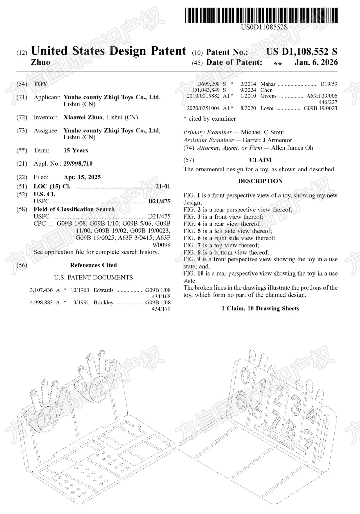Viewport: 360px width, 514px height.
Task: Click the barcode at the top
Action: (x=261, y=15)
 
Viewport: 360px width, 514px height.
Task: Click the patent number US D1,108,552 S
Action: (x=301, y=52)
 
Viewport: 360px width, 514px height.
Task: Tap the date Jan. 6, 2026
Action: (x=316, y=62)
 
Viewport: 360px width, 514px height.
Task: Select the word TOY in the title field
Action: (x=40, y=84)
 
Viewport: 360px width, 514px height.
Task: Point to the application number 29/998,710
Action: (x=78, y=164)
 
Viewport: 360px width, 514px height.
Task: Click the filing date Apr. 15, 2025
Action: (x=82, y=177)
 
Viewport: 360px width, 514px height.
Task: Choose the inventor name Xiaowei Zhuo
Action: (x=84, y=117)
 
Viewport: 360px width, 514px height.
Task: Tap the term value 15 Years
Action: (x=76, y=150)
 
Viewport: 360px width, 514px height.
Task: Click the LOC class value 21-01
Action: (x=163, y=186)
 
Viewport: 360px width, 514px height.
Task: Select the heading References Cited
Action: (x=93, y=265)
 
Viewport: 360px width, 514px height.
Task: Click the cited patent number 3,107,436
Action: (x=41, y=290)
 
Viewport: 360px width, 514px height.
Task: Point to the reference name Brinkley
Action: (x=103, y=302)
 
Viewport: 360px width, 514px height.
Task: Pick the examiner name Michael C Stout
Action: (x=262, y=132)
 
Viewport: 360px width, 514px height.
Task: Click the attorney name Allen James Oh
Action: (x=292, y=148)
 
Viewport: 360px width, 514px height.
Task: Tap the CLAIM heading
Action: (x=260, y=160)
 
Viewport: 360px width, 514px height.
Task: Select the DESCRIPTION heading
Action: (x=260, y=181)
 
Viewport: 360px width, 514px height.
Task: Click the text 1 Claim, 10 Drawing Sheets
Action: (x=260, y=308)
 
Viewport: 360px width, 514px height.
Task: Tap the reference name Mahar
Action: (x=268, y=84)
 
